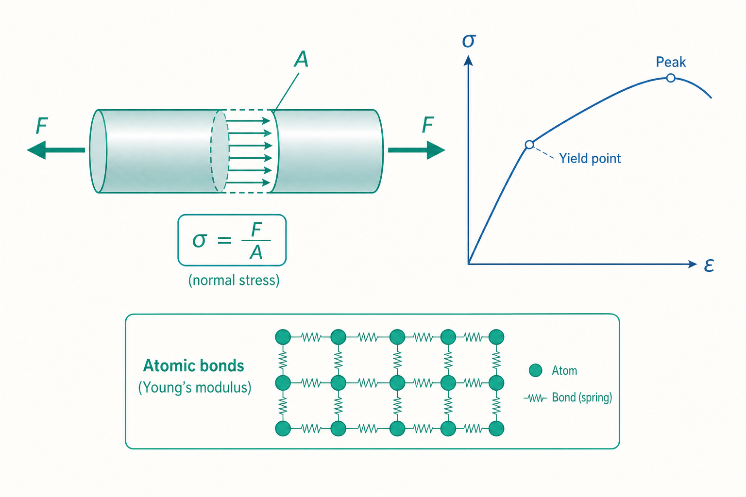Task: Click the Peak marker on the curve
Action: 671,78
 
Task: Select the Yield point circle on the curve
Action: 529,145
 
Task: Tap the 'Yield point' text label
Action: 590,158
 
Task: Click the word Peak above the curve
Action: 671,62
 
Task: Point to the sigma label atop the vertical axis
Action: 469,41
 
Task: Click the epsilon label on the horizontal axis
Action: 709,265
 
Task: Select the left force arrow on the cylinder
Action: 56,150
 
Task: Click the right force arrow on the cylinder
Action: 417,150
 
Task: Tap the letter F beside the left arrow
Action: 42,126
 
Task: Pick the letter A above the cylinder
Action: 301,59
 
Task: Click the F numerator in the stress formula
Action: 256,230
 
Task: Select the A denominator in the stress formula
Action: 256,252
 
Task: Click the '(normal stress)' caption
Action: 234,281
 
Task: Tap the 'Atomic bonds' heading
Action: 193,365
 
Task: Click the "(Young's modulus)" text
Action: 195,387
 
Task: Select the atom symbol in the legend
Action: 536,370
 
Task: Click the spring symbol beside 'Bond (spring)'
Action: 535,398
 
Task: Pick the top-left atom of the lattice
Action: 283,337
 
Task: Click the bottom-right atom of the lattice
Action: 496,428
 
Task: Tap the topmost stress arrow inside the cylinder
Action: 249,120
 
